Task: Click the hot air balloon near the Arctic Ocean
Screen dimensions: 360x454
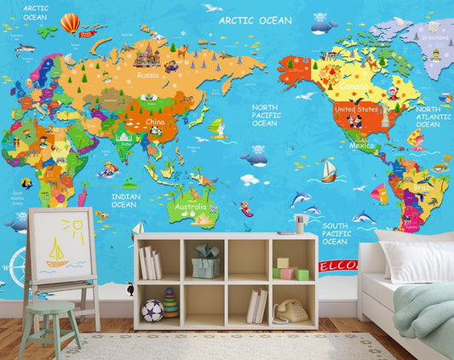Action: click(x=70, y=23)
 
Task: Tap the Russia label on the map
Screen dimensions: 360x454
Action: click(x=148, y=74)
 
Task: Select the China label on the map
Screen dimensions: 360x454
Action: click(x=155, y=122)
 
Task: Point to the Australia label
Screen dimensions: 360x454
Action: click(x=190, y=207)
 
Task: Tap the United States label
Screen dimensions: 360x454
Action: click(x=355, y=110)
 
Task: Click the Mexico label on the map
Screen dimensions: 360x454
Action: click(x=362, y=145)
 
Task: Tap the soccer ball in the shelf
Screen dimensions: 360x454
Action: click(x=152, y=309)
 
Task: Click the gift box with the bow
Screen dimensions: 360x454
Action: click(x=205, y=263)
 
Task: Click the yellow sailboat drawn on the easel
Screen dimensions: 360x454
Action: click(x=57, y=254)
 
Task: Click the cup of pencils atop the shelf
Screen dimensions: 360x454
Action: click(x=300, y=224)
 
